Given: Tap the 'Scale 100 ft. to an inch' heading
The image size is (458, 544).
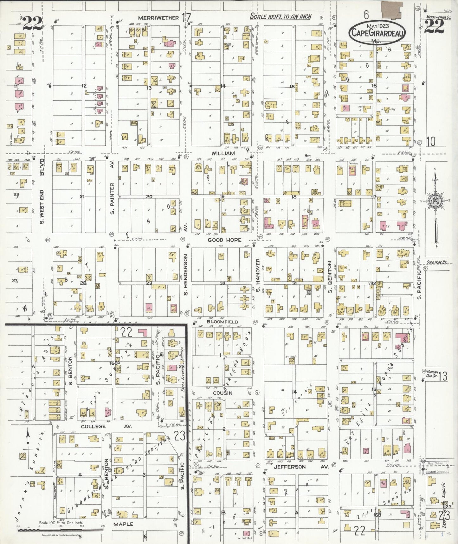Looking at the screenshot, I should pyautogui.click(x=280, y=17).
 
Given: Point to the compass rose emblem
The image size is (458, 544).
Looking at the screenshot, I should pyautogui.click(x=434, y=202).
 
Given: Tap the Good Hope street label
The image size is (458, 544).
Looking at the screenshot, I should pyautogui.click(x=224, y=240).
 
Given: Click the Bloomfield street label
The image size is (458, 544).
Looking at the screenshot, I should pyautogui.click(x=222, y=322).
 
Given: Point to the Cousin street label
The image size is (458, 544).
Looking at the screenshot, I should pyautogui.click(x=223, y=393).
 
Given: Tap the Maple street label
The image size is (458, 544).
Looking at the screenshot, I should pyautogui.click(x=123, y=524).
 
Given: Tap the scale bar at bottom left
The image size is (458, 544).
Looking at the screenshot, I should pyautogui.click(x=60, y=530).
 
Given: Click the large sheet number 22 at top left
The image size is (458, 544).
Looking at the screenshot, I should pyautogui.click(x=32, y=23).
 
